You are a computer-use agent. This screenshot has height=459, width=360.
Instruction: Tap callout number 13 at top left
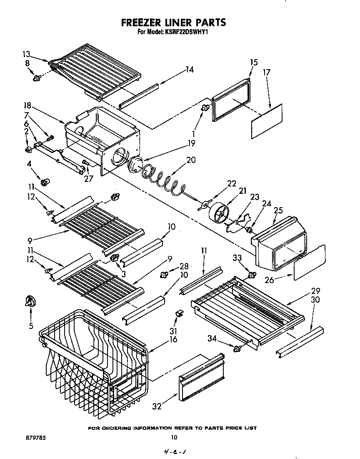pyautogui.click(x=26, y=54)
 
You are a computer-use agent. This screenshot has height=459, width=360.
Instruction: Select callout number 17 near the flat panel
pyautogui.click(x=267, y=73)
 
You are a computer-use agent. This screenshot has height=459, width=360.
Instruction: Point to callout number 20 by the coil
pyautogui.click(x=191, y=160)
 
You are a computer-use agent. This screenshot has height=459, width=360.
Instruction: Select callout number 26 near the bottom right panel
pyautogui.click(x=270, y=280)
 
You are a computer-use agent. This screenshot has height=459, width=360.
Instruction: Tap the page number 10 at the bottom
pyautogui.click(x=174, y=437)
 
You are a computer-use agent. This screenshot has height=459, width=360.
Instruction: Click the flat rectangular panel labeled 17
pyautogui.click(x=267, y=121)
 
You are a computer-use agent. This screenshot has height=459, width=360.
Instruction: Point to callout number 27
pyautogui.click(x=89, y=178)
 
